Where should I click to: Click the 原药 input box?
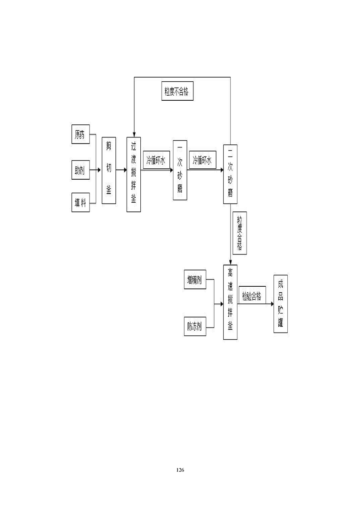[x=80, y=134]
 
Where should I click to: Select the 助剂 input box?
[x=80, y=171]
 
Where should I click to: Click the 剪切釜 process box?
[x=108, y=171]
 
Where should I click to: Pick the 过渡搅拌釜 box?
[x=133, y=174]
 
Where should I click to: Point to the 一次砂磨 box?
[x=180, y=170]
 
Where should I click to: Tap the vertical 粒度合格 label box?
[x=239, y=233]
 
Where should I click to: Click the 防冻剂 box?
[x=195, y=325]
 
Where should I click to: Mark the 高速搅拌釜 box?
[x=231, y=302]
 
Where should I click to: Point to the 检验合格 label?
[x=252, y=297]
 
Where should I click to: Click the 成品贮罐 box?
[x=281, y=303]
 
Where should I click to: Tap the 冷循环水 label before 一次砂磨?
[x=156, y=160]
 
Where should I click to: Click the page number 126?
[x=180, y=470]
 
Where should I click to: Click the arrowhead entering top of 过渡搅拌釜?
[x=133, y=134]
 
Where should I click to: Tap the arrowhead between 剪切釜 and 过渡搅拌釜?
[x=124, y=171]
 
